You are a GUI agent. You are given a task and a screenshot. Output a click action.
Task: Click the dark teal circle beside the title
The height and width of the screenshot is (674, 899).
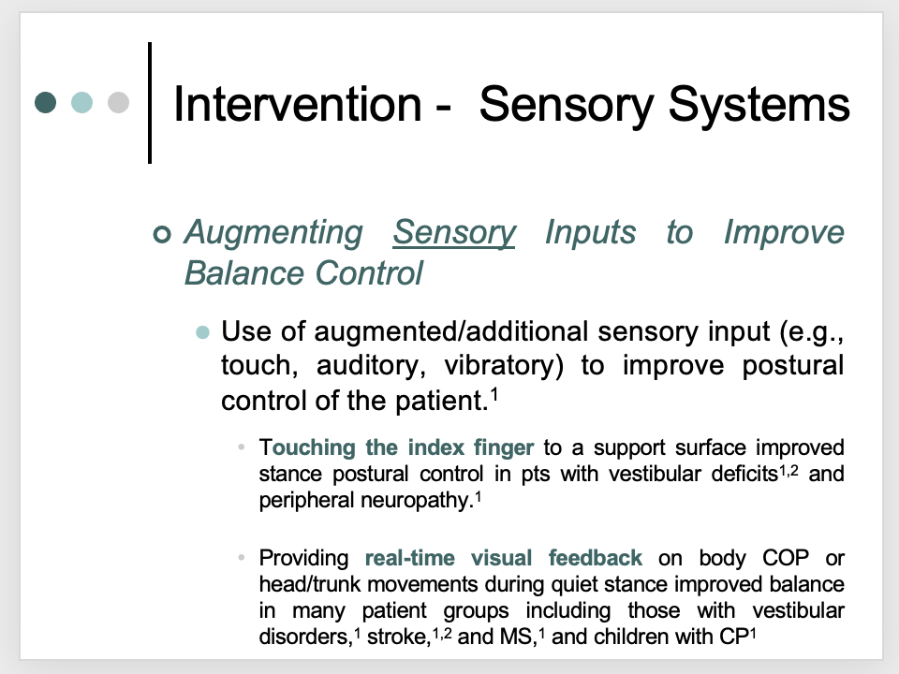pos(46,102)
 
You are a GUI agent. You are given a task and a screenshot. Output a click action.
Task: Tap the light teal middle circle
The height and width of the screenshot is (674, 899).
pos(82,102)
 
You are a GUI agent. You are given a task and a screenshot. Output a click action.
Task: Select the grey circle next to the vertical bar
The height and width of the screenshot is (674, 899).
pos(118,102)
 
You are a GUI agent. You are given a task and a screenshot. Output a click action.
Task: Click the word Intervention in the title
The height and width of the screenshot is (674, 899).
pos(297,105)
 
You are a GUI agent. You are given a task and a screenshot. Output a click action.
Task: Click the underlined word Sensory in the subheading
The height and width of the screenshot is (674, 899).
pos(454,232)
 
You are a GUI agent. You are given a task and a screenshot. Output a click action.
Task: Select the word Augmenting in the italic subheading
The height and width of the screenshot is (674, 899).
pos(273,232)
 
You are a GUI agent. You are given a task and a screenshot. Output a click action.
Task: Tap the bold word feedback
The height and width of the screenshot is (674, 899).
pos(596,559)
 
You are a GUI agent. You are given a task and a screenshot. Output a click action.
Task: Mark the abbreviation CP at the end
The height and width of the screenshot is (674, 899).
pos(733,637)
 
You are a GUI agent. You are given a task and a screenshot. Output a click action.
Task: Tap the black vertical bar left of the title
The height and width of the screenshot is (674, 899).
pos(150,102)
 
